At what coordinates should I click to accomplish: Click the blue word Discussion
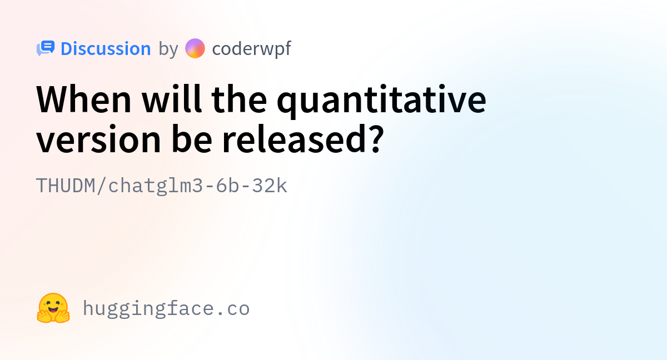click(106, 48)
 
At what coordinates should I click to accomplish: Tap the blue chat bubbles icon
click(46, 48)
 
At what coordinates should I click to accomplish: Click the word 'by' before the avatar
click(168, 49)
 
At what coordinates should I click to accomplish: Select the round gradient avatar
click(195, 48)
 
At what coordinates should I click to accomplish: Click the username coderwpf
click(252, 49)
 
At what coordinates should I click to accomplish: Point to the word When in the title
click(84, 99)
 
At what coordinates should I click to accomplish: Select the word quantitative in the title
click(381, 101)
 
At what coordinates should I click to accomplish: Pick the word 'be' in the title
click(192, 139)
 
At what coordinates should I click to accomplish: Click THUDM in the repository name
click(66, 186)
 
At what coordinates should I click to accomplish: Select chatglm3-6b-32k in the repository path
click(198, 186)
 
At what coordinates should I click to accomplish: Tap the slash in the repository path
click(102, 186)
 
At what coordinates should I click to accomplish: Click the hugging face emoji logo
click(53, 308)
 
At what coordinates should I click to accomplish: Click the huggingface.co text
click(166, 308)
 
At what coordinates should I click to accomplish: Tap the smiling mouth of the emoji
click(53, 309)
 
